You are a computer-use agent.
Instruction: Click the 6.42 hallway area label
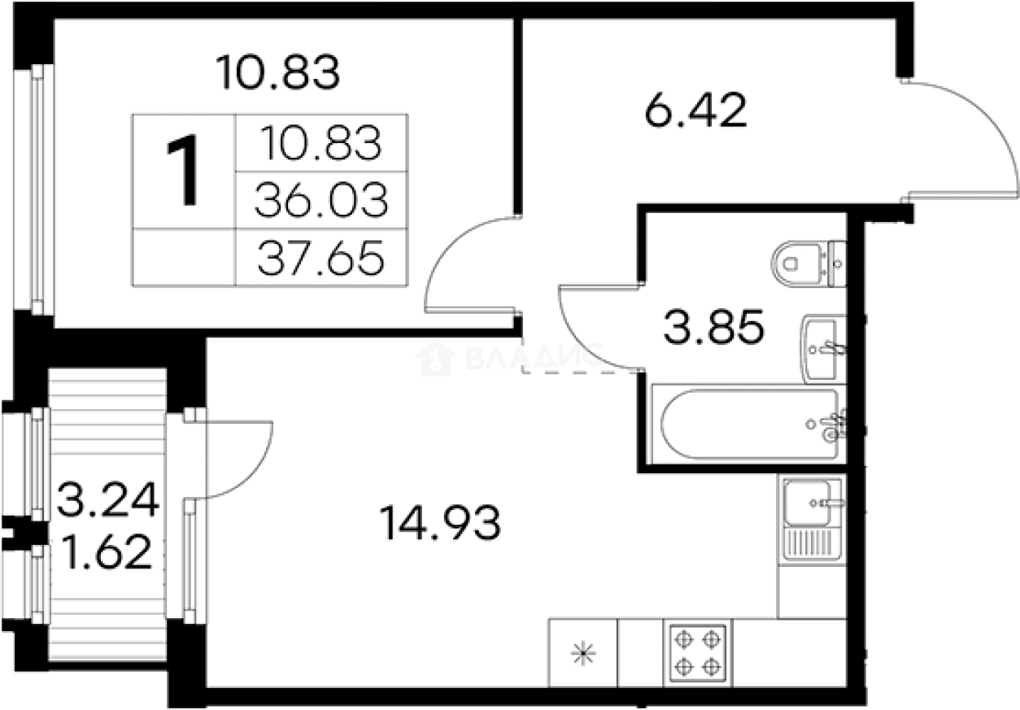click(x=696, y=110)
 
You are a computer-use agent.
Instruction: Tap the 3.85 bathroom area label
click(x=713, y=326)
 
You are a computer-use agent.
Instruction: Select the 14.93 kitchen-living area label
click(x=440, y=523)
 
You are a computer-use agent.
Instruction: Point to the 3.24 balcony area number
click(x=108, y=499)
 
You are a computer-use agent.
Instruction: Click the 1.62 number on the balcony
click(x=106, y=552)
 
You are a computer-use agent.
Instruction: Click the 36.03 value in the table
click(x=321, y=200)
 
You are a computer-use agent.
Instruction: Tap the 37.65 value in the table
click(x=321, y=259)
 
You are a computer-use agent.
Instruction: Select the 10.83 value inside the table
click(x=321, y=142)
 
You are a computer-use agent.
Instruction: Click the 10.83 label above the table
click(x=277, y=72)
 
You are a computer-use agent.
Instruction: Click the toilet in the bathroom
click(x=808, y=264)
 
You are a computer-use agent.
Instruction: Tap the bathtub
click(x=749, y=424)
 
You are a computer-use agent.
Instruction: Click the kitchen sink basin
click(x=807, y=503)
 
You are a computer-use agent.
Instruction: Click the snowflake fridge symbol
click(x=583, y=654)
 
